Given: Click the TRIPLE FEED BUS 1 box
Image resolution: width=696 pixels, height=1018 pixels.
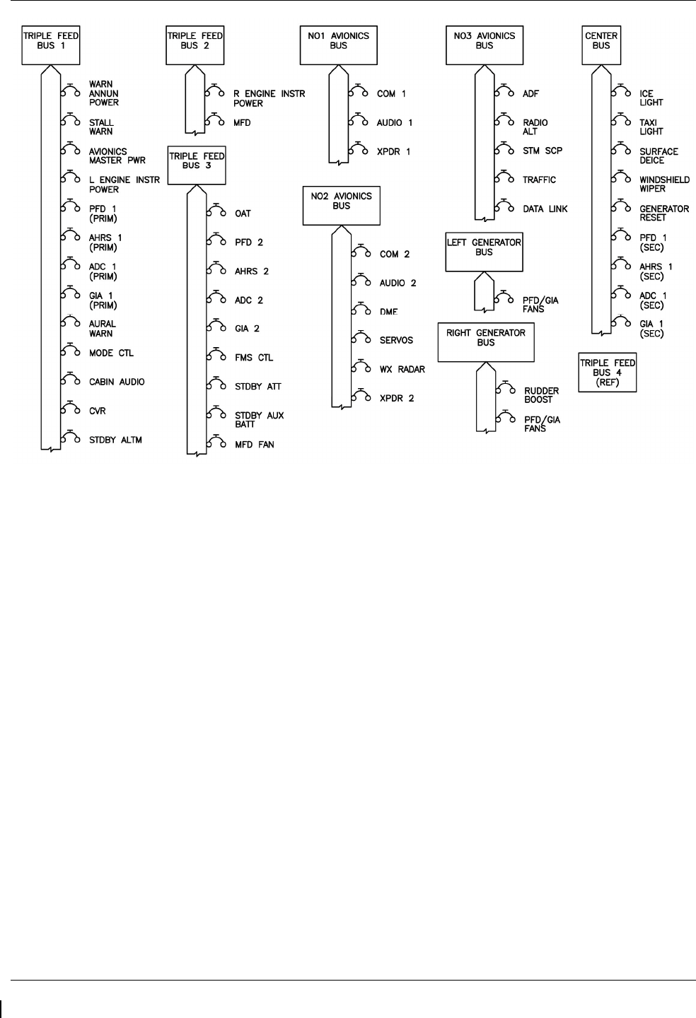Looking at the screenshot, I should pos(50,45).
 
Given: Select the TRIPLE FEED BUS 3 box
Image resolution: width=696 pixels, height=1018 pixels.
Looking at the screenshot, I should pos(195,165).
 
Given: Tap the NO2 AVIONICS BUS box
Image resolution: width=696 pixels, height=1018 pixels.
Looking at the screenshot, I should pos(341,206).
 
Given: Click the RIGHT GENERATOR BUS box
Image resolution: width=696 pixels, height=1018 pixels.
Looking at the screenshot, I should pos(485,342).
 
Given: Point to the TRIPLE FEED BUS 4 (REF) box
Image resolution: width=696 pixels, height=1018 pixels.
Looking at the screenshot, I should pos(608,372).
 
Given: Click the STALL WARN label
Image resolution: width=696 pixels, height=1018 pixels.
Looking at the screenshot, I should pos(101,127).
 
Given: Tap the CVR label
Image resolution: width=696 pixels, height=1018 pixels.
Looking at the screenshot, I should pos(97,411).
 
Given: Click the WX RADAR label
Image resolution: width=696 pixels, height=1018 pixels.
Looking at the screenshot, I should pos(402,369).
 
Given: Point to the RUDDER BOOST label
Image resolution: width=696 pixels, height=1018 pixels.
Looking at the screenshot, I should pos(541,395).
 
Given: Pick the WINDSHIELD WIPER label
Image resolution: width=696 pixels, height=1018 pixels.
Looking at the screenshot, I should pos(664,185).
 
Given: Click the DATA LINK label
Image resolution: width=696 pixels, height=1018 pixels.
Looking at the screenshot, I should pos(545,209).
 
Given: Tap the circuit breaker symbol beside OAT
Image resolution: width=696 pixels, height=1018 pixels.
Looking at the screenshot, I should pos(216,212).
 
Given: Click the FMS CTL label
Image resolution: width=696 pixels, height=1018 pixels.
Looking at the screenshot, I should pos(254,358).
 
